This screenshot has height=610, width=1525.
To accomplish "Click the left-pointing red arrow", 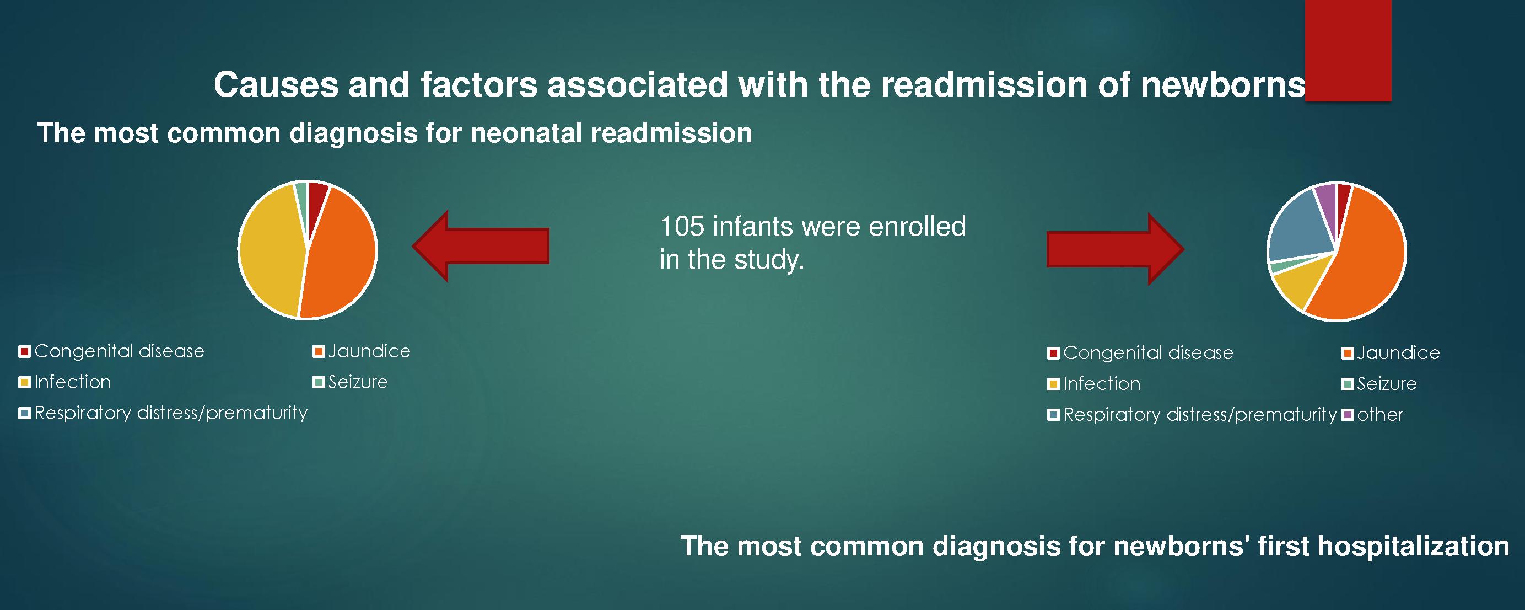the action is click(481, 246).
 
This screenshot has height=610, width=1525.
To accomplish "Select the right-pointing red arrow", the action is click(1116, 249).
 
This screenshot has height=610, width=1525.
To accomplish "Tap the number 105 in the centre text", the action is click(681, 227).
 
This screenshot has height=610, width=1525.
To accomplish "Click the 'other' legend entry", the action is click(1373, 415).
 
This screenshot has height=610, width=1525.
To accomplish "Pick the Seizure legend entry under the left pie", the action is click(351, 382).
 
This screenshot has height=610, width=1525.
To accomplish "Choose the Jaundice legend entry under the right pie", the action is click(1391, 353).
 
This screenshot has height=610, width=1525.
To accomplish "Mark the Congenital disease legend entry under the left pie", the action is click(112, 351).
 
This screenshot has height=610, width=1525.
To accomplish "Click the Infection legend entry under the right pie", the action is click(1094, 384).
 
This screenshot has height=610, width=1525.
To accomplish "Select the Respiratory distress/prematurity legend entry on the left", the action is click(163, 413).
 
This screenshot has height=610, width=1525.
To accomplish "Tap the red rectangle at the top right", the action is click(1348, 50).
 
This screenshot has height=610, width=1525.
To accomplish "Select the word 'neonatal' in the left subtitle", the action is click(527, 133).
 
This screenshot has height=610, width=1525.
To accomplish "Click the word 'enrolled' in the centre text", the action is click(917, 227).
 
